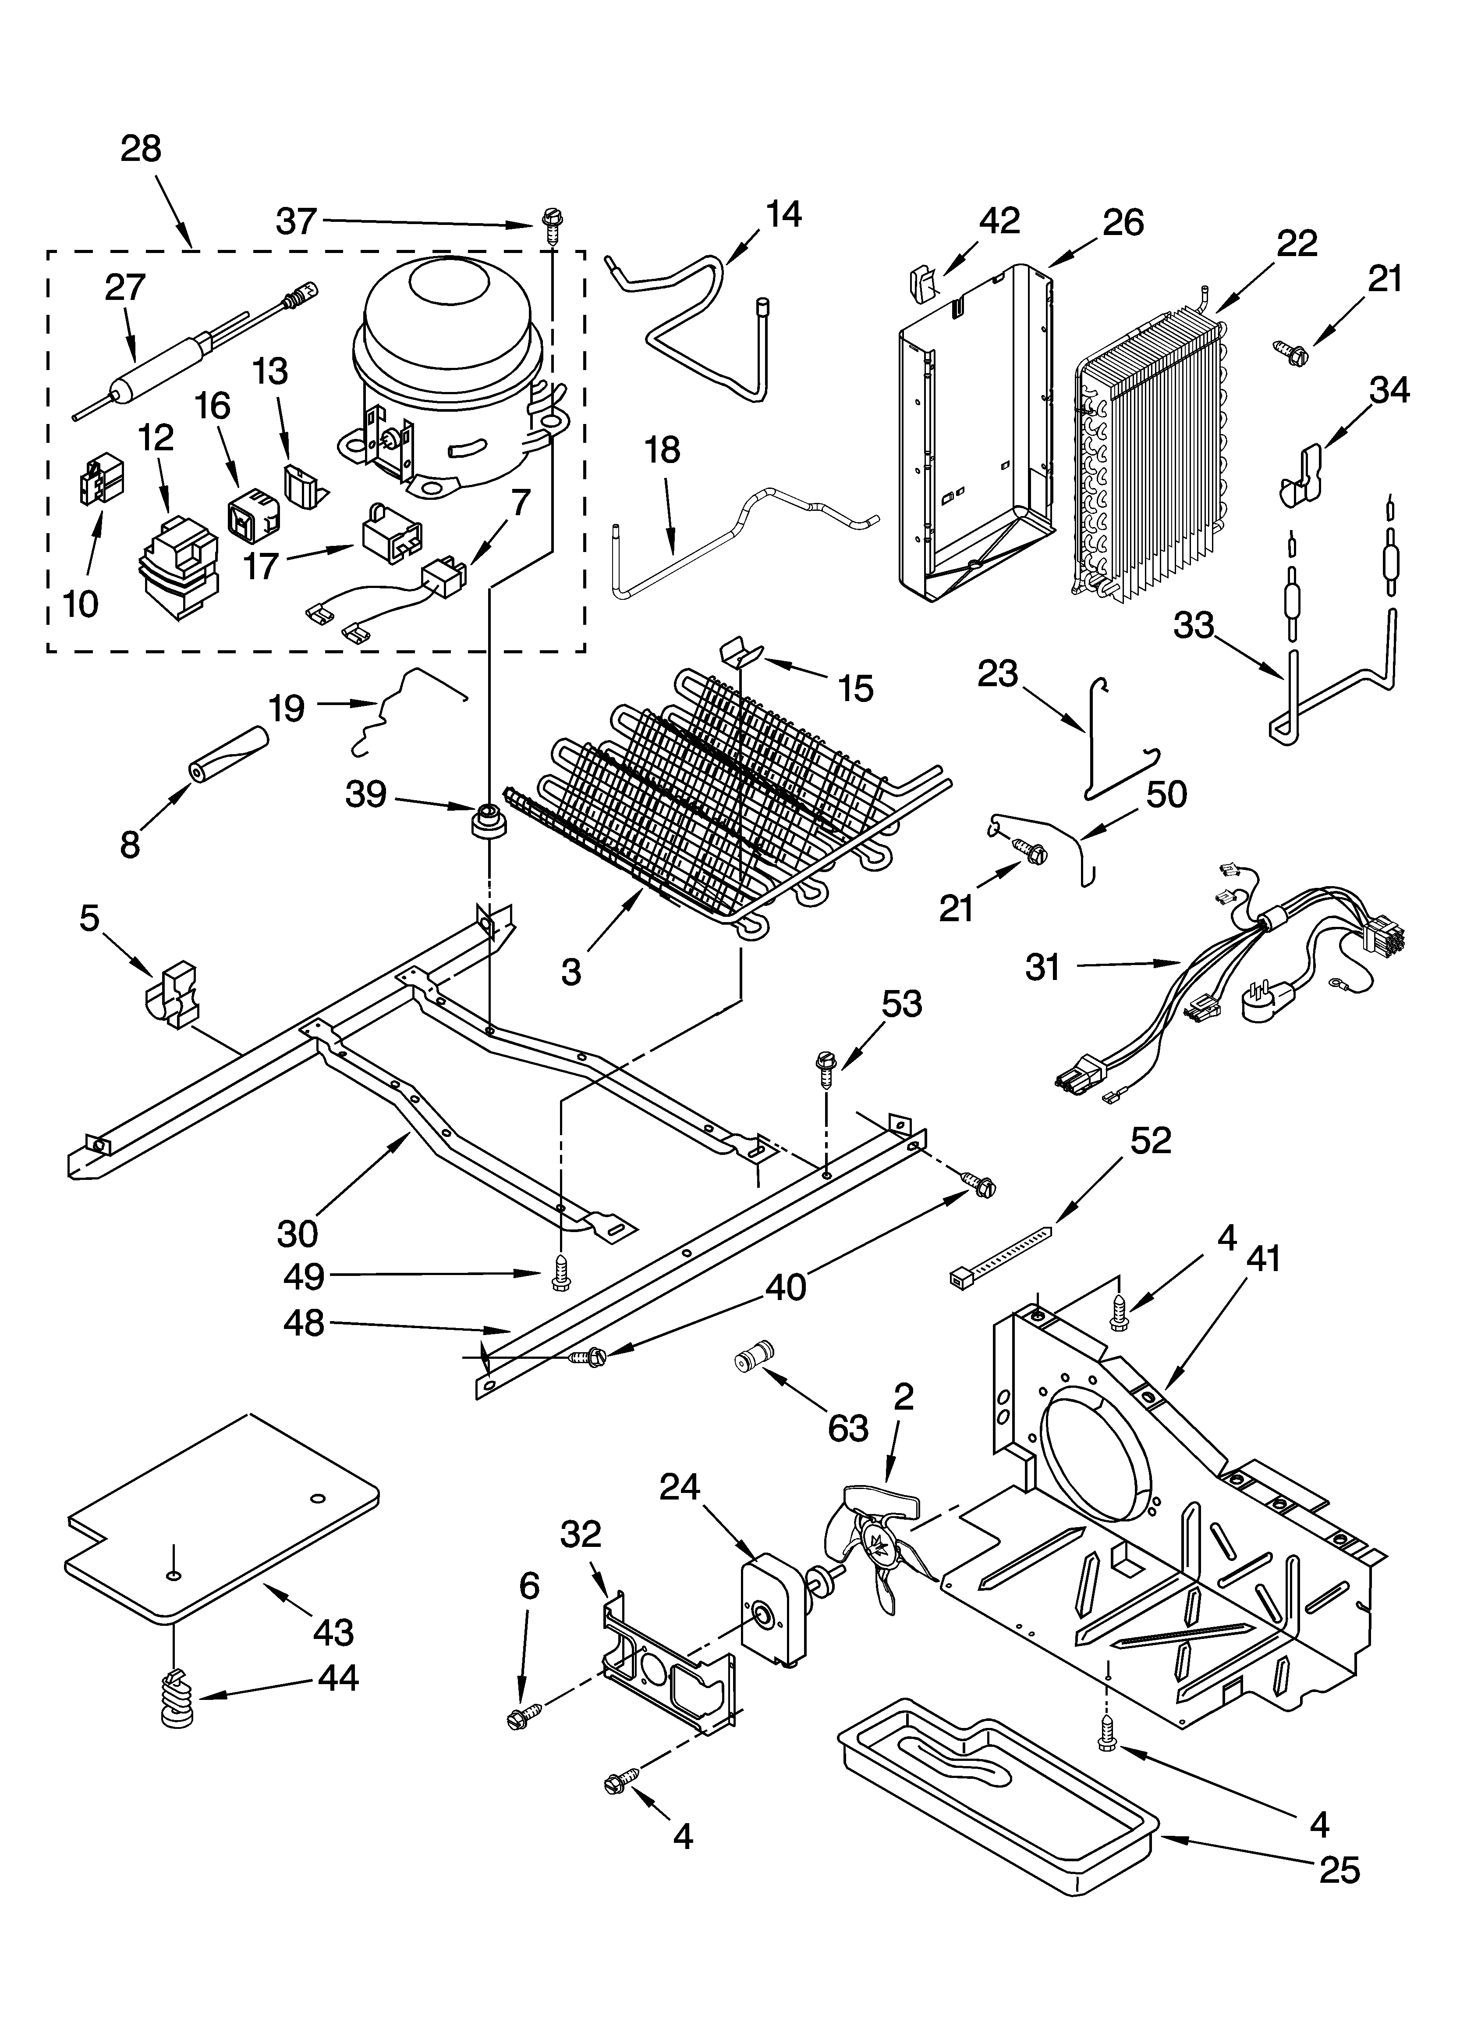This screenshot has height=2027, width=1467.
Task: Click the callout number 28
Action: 141,148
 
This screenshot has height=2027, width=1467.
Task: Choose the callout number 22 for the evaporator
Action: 1296,243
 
